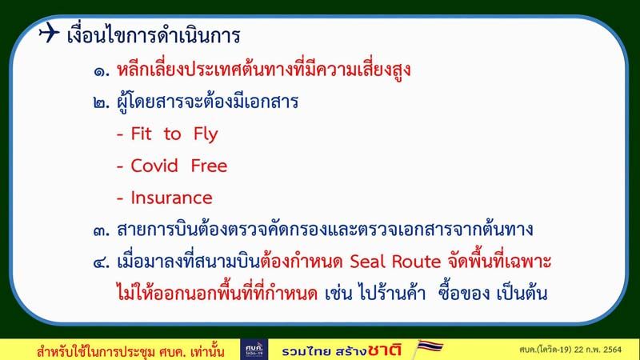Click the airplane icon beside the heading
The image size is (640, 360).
tap(50, 32)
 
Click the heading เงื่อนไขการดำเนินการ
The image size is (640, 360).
tap(154, 34)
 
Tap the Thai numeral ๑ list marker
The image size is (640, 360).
tap(102, 72)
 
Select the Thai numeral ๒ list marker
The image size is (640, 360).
tap(102, 102)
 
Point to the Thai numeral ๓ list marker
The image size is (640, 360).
tap(102, 231)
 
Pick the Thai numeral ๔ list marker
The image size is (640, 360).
tap(102, 262)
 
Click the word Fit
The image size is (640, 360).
tap(141, 134)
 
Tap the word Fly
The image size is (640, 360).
tap(206, 134)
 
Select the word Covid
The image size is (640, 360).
tap(154, 166)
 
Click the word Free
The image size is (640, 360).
tap(209, 166)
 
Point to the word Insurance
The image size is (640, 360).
tap(171, 198)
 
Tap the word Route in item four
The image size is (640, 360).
tap(416, 262)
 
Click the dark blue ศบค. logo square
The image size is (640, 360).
tap(254, 350)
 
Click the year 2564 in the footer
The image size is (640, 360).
tap(612, 350)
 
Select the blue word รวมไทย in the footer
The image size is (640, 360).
tap(306, 351)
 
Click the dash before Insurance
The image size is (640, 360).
tap(120, 198)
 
